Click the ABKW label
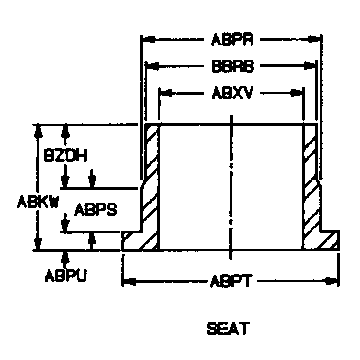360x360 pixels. point(38,202)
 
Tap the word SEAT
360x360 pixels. point(228,329)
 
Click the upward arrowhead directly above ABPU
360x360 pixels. point(65,255)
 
